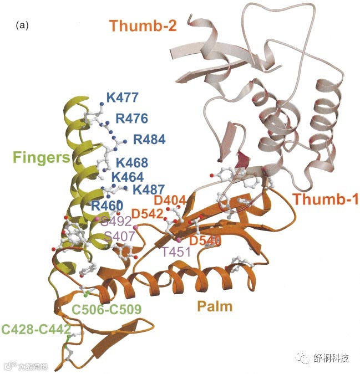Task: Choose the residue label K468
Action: (x=131, y=163)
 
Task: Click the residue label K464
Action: (x=128, y=177)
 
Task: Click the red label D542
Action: (x=148, y=214)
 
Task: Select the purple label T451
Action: (x=176, y=253)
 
